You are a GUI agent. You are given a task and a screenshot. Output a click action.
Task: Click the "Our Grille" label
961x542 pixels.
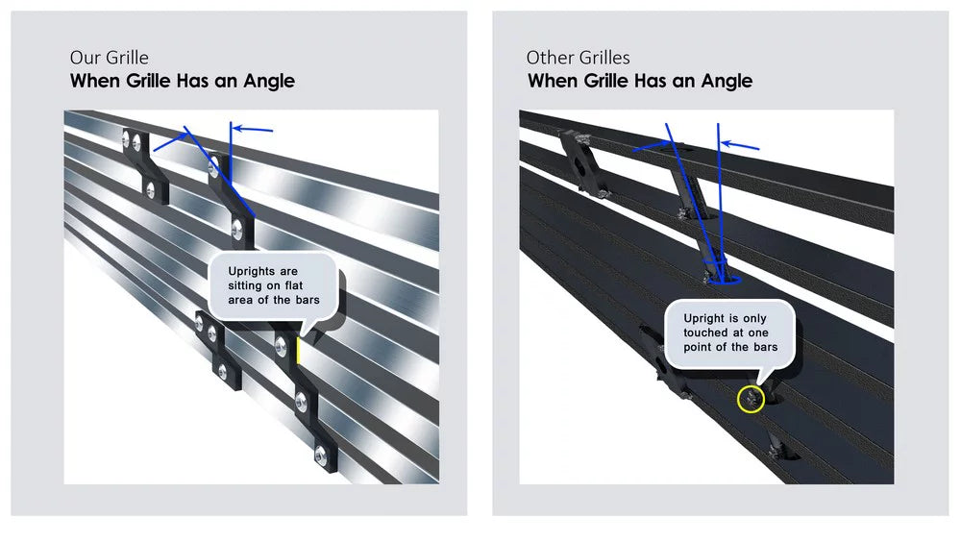[110, 58]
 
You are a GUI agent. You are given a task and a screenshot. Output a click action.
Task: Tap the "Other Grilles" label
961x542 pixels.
[578, 58]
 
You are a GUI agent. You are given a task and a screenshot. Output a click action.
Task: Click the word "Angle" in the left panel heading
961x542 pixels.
[269, 81]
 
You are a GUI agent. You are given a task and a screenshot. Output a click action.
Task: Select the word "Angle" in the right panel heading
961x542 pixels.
[727, 81]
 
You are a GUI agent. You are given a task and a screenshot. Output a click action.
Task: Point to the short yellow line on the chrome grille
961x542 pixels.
[298, 350]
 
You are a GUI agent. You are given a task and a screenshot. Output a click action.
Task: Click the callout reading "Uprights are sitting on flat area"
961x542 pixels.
[273, 285]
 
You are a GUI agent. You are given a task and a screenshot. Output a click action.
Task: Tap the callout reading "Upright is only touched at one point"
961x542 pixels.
[730, 333]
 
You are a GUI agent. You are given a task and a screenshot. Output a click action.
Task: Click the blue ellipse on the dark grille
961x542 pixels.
[725, 281]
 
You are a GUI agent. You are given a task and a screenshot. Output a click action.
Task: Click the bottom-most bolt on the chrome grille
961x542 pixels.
[320, 455]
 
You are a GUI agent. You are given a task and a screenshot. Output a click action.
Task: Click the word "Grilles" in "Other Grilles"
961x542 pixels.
[604, 58]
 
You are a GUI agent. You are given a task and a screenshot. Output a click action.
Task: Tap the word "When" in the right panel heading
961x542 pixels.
[553, 81]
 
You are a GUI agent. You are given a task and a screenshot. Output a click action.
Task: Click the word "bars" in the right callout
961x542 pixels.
[766, 348]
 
